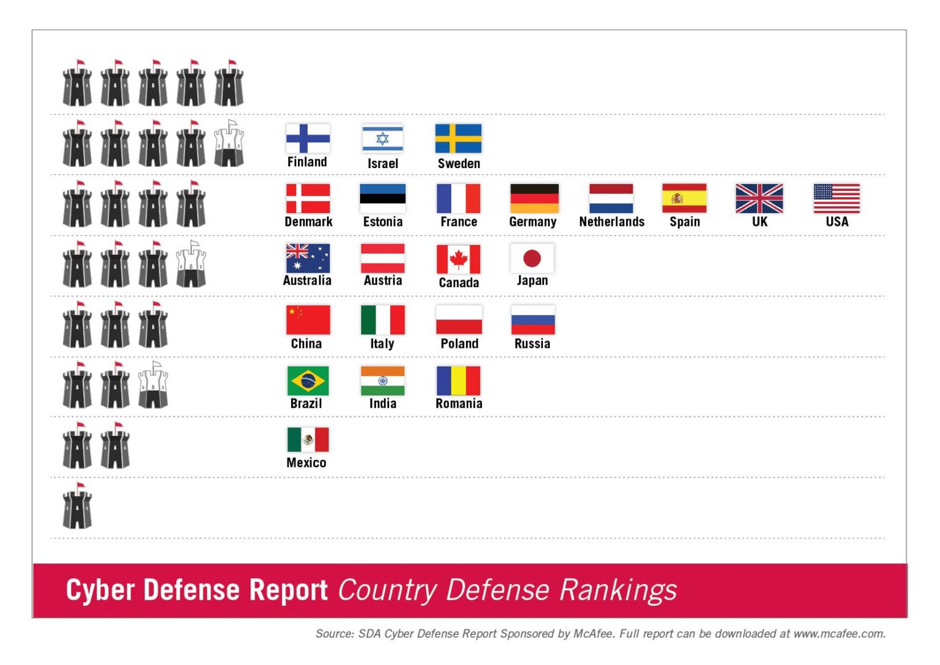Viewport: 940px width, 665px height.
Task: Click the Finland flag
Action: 308,139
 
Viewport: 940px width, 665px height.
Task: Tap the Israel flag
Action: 382,139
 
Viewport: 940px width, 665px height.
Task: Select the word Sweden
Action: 459,164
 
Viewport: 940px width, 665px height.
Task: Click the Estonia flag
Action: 382,198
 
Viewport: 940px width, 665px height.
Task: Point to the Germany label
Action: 532,222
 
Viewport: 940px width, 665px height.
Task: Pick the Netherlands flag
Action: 611,198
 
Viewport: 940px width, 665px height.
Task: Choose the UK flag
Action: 759,198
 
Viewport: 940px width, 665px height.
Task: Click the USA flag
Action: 837,198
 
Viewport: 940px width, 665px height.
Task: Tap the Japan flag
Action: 532,259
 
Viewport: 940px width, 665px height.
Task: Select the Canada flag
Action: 458,259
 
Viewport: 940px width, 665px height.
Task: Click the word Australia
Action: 307,281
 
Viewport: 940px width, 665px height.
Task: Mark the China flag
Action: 308,320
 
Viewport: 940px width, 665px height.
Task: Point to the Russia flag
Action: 532,320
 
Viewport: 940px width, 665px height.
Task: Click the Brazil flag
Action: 308,381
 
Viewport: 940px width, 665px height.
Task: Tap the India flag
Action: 382,381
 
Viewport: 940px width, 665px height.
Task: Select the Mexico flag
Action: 308,440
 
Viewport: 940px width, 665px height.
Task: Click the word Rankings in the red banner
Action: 618,590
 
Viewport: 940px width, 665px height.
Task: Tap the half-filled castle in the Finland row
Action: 229,143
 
